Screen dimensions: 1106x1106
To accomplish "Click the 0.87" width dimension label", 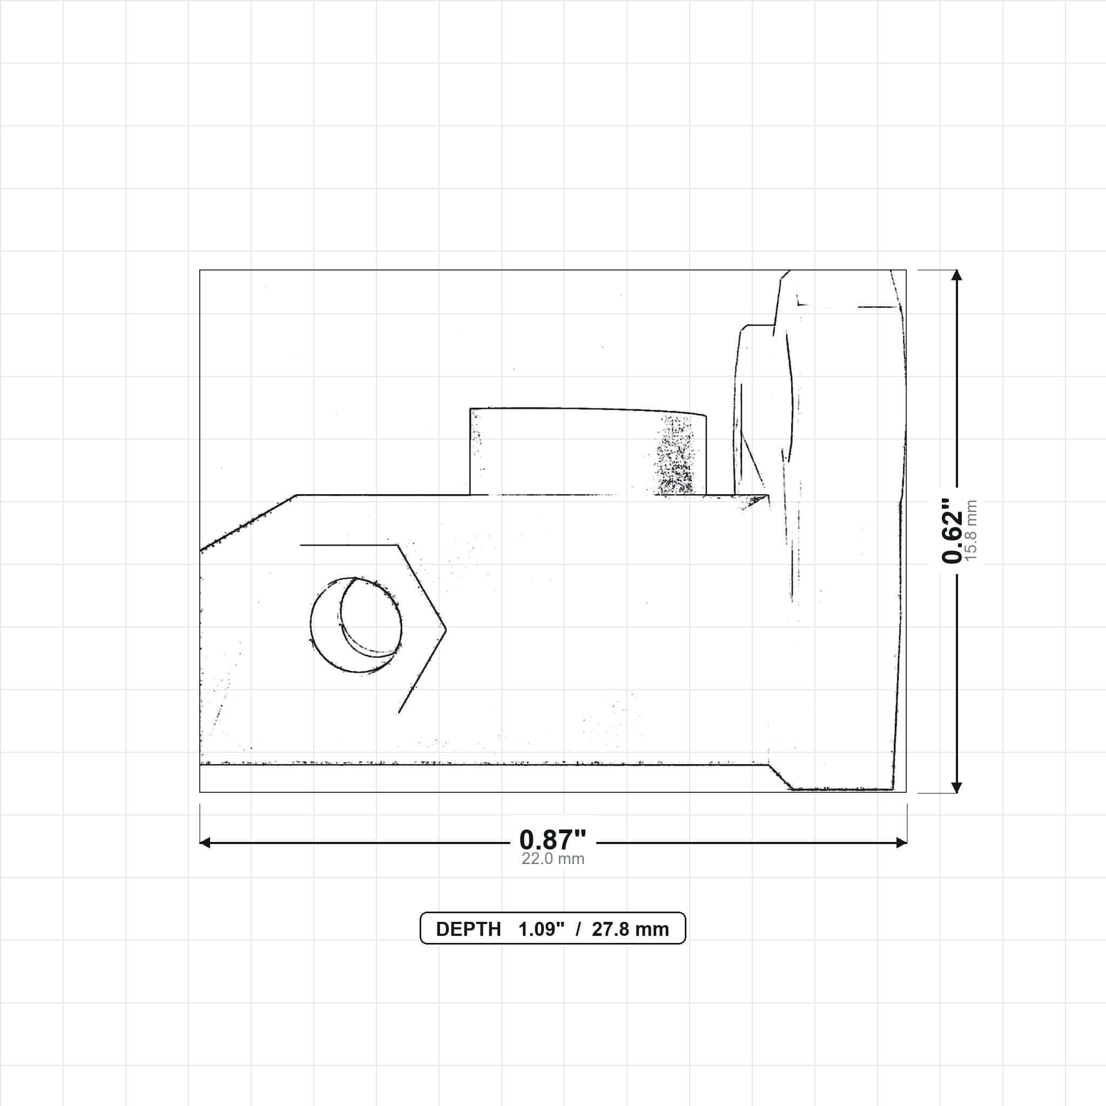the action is tap(552, 840).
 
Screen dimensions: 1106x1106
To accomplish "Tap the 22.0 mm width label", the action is tap(552, 859).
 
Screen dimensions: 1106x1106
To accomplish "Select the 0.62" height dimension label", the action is tap(953, 531).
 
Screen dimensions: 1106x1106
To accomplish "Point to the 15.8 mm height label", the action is tap(971, 531).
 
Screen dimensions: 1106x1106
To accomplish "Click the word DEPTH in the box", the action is tap(468, 929).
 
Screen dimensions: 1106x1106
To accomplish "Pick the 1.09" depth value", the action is tap(541, 929).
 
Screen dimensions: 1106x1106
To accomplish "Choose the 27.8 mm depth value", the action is tap(630, 929).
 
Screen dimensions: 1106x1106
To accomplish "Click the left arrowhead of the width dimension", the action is tap(205, 842).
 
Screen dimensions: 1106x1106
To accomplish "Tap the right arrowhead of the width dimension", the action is tap(901, 842).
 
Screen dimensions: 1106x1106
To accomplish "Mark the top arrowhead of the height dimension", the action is tap(956, 275).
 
